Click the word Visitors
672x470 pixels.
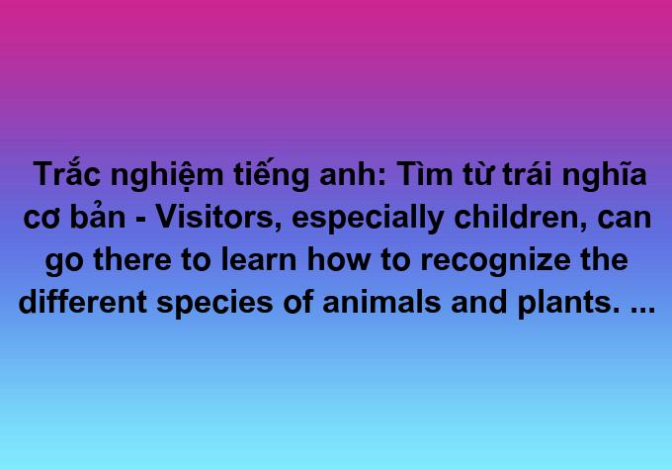point(214,217)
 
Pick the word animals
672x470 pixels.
point(381,302)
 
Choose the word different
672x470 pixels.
point(83,302)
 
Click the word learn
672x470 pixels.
point(259,259)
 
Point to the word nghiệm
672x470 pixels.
point(167,176)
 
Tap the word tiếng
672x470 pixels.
point(272,174)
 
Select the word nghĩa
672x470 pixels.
point(604,176)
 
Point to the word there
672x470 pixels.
point(132,259)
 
